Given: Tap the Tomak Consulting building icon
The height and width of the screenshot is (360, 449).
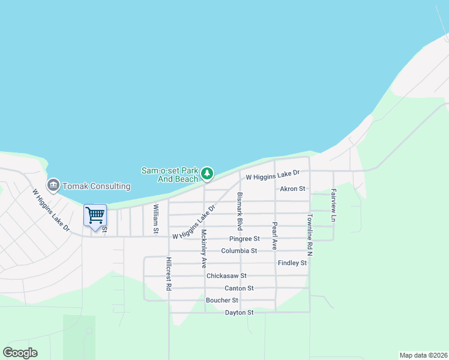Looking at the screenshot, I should click(x=53, y=185).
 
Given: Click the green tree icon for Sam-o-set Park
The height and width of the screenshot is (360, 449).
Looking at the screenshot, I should click(x=207, y=174).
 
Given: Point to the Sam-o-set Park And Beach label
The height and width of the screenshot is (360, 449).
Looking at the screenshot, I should click(x=169, y=175).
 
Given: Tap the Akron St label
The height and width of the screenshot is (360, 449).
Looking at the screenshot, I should click(x=293, y=188).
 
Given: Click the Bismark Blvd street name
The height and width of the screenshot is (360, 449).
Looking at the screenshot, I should click(x=240, y=211).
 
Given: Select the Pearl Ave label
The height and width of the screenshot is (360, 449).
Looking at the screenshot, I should click(x=274, y=236).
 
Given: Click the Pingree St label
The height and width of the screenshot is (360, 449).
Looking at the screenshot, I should click(x=244, y=239).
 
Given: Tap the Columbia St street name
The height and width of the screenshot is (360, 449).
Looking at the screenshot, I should click(x=239, y=251).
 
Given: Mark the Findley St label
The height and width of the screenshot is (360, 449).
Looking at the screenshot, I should click(x=292, y=263).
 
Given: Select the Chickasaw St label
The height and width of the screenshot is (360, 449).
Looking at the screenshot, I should click(x=226, y=276).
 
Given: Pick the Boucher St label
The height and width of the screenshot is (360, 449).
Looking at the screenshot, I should click(x=222, y=301).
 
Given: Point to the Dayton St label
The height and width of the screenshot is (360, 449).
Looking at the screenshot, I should click(x=240, y=313).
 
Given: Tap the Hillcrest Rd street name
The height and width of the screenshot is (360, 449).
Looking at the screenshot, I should click(x=169, y=275).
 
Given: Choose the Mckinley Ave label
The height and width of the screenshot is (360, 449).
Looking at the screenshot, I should click(x=204, y=248).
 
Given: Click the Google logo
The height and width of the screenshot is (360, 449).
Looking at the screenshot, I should click(x=20, y=353).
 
